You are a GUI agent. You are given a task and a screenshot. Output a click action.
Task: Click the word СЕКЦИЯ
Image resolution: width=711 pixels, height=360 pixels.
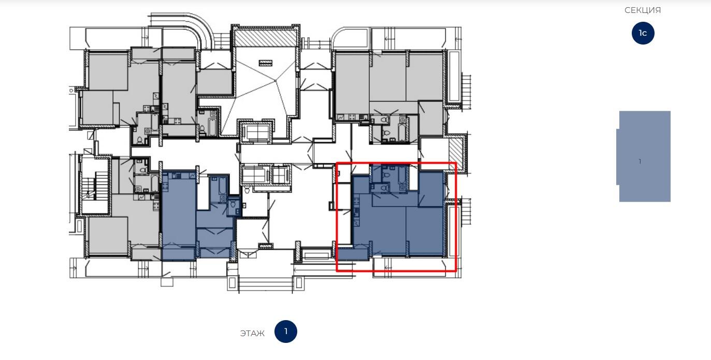643,10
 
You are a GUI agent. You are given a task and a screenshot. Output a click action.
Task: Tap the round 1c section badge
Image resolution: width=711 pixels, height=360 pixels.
643,33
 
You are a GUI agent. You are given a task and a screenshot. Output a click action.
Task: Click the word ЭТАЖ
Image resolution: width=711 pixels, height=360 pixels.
252,334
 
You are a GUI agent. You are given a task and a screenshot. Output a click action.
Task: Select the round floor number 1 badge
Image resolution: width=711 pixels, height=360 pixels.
286,332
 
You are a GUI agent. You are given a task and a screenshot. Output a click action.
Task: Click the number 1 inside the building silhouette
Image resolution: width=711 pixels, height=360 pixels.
640,162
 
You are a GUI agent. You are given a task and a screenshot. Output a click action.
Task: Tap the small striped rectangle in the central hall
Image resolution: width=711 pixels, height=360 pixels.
265,63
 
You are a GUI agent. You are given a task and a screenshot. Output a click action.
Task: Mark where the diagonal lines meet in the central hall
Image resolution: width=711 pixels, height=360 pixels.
275,81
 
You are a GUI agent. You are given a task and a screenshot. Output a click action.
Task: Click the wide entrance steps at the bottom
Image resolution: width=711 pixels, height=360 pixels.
265,284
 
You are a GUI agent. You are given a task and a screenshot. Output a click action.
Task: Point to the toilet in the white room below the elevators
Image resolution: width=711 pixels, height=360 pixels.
247,190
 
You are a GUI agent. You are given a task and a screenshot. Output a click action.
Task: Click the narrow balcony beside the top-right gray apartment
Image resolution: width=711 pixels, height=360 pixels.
454,76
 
